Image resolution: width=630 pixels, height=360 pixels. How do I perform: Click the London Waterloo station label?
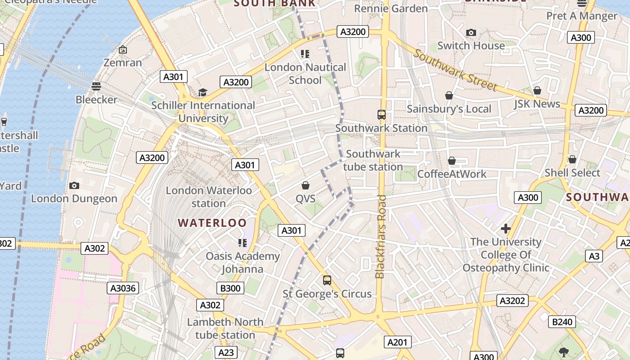[x=209, y=197]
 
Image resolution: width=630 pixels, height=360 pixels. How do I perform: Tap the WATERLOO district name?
[x=212, y=223]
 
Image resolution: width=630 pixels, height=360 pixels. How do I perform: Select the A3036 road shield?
[x=123, y=288]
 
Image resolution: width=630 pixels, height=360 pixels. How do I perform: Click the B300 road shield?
[x=230, y=288]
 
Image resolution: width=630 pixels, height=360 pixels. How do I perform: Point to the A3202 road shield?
[x=513, y=301]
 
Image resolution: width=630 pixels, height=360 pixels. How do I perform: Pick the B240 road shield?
[x=562, y=321]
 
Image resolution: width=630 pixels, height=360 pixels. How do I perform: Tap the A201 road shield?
[x=397, y=342]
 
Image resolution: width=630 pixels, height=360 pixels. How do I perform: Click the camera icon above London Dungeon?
[x=74, y=185]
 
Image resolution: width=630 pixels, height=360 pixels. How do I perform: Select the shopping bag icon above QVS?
[x=306, y=185]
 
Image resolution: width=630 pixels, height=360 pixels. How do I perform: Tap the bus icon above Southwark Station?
[x=382, y=115]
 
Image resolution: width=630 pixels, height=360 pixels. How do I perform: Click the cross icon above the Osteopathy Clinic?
[x=506, y=229]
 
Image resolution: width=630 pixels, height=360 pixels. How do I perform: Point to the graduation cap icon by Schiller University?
[x=203, y=92]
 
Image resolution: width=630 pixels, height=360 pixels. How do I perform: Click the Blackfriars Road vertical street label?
[x=381, y=236]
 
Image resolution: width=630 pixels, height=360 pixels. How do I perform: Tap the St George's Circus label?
[x=327, y=294]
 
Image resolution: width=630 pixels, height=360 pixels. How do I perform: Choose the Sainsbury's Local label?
[x=449, y=109]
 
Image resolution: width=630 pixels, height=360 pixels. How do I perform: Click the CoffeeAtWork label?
[x=452, y=174]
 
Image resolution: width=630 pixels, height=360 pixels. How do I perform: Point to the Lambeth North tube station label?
[x=225, y=328]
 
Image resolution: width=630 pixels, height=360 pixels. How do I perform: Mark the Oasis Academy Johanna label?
[x=243, y=262]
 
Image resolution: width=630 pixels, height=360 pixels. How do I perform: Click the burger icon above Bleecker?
[x=96, y=86]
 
